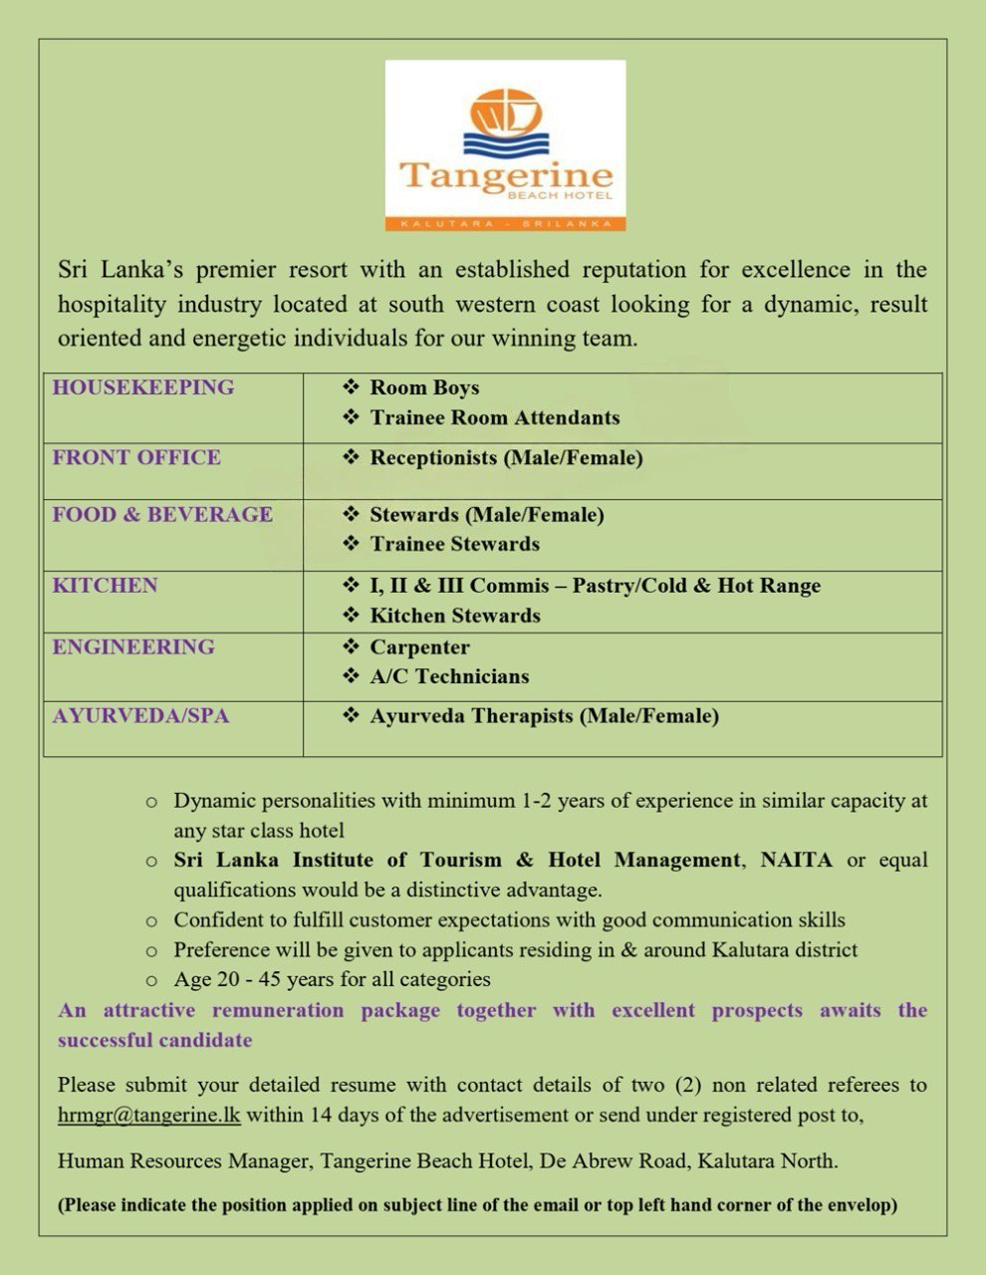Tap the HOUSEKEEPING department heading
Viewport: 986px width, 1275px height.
tap(143, 387)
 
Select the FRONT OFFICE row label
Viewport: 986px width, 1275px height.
tap(136, 458)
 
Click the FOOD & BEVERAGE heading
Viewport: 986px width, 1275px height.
tap(162, 515)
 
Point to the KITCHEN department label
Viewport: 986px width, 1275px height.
tap(105, 586)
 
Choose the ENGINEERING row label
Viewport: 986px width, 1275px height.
tap(133, 647)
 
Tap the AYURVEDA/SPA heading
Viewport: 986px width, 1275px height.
tap(140, 716)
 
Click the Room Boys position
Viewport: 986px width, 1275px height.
tap(424, 388)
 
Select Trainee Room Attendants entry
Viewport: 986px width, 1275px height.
tap(494, 418)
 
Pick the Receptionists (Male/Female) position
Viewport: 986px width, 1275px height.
tap(506, 458)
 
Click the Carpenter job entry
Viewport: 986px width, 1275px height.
tap(419, 647)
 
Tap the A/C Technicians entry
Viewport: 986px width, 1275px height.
tap(449, 677)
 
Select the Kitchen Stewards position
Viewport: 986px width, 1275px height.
tap(455, 617)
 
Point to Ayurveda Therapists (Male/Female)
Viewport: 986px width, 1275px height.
tap(544, 716)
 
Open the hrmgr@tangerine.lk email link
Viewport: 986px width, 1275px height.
tap(149, 1116)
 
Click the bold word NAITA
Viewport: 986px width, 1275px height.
tap(796, 860)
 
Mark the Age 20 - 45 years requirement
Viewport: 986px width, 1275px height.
tap(332, 980)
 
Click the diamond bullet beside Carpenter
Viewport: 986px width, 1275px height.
tap(351, 647)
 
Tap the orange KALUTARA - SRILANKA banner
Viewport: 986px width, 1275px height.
tap(505, 224)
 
